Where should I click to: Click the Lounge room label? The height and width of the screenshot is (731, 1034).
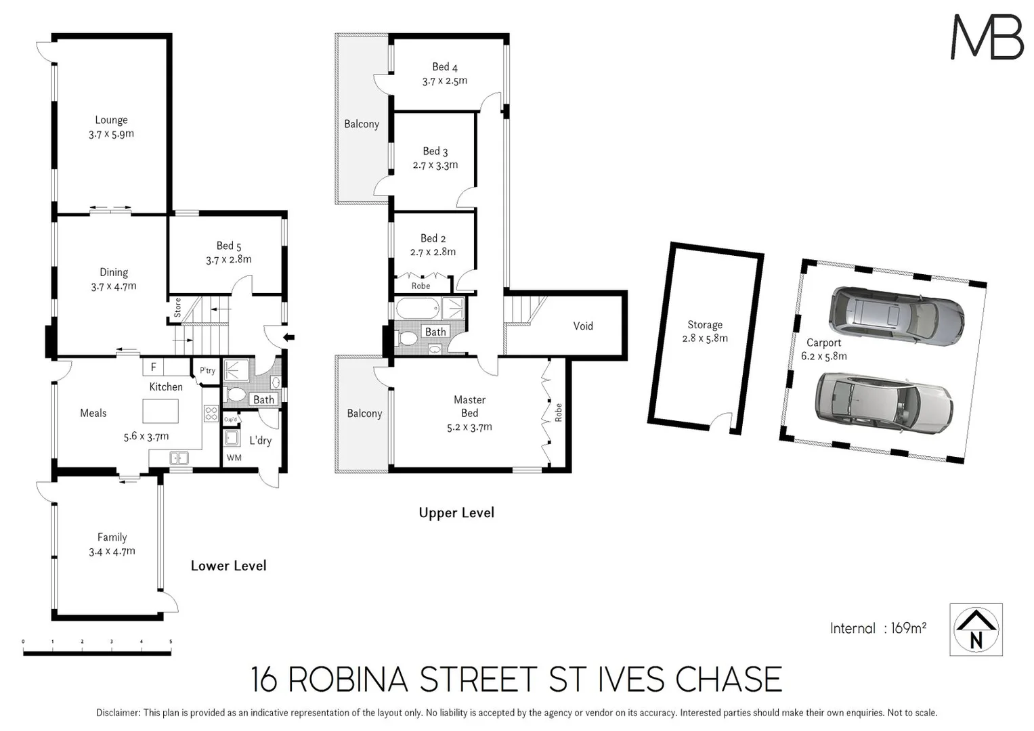coord(111,120)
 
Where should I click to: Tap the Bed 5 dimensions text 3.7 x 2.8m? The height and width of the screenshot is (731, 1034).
coord(228,259)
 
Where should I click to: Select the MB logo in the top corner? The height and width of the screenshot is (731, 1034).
coord(987,37)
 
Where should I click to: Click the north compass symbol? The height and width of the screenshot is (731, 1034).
coord(976,629)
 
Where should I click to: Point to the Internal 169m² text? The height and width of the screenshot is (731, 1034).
coord(878,628)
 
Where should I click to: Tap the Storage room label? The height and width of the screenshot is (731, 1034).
coord(704,325)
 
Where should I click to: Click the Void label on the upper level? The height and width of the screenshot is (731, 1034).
coord(582,326)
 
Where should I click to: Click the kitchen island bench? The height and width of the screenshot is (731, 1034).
coord(160,411)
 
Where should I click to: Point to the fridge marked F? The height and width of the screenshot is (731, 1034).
coord(154,367)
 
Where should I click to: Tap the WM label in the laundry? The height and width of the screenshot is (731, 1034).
coord(234,458)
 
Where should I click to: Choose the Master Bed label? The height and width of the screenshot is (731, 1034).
coord(469,406)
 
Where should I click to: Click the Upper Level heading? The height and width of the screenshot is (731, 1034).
coord(456,513)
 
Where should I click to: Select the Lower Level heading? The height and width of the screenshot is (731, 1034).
coord(228,566)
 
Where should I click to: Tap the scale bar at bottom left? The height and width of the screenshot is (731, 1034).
coord(97,651)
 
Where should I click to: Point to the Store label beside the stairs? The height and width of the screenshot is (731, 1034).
coord(177,308)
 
